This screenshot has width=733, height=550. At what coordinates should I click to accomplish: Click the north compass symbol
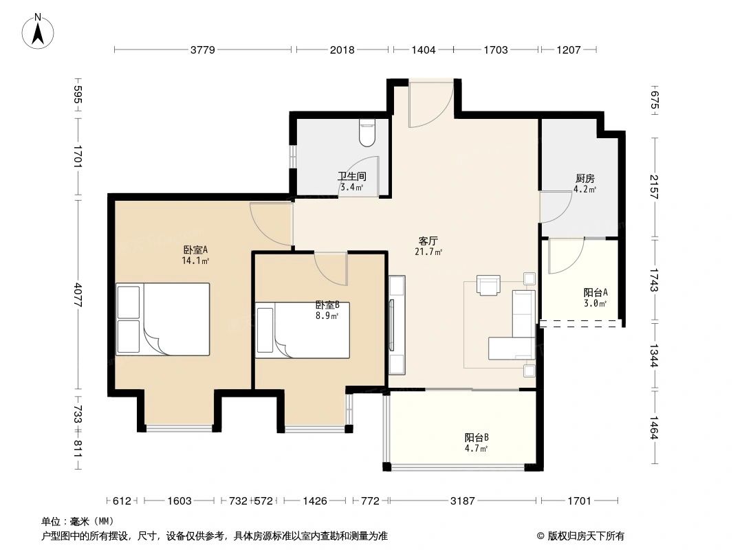click(x=39, y=31)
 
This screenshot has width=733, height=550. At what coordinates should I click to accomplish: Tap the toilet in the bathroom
click(x=368, y=133)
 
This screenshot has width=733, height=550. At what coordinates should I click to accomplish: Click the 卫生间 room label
click(x=351, y=176)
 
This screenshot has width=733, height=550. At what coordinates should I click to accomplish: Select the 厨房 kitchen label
click(x=585, y=178)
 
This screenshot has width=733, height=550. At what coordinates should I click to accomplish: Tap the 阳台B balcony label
click(x=476, y=437)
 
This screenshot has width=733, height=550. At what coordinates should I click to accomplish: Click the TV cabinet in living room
click(x=397, y=324)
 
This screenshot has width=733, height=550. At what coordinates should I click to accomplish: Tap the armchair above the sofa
click(x=489, y=285)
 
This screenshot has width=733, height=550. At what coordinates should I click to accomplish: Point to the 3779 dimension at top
click(x=203, y=49)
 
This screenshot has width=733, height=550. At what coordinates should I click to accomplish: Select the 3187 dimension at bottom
click(x=463, y=501)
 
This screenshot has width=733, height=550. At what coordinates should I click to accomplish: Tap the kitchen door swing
click(x=556, y=206)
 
